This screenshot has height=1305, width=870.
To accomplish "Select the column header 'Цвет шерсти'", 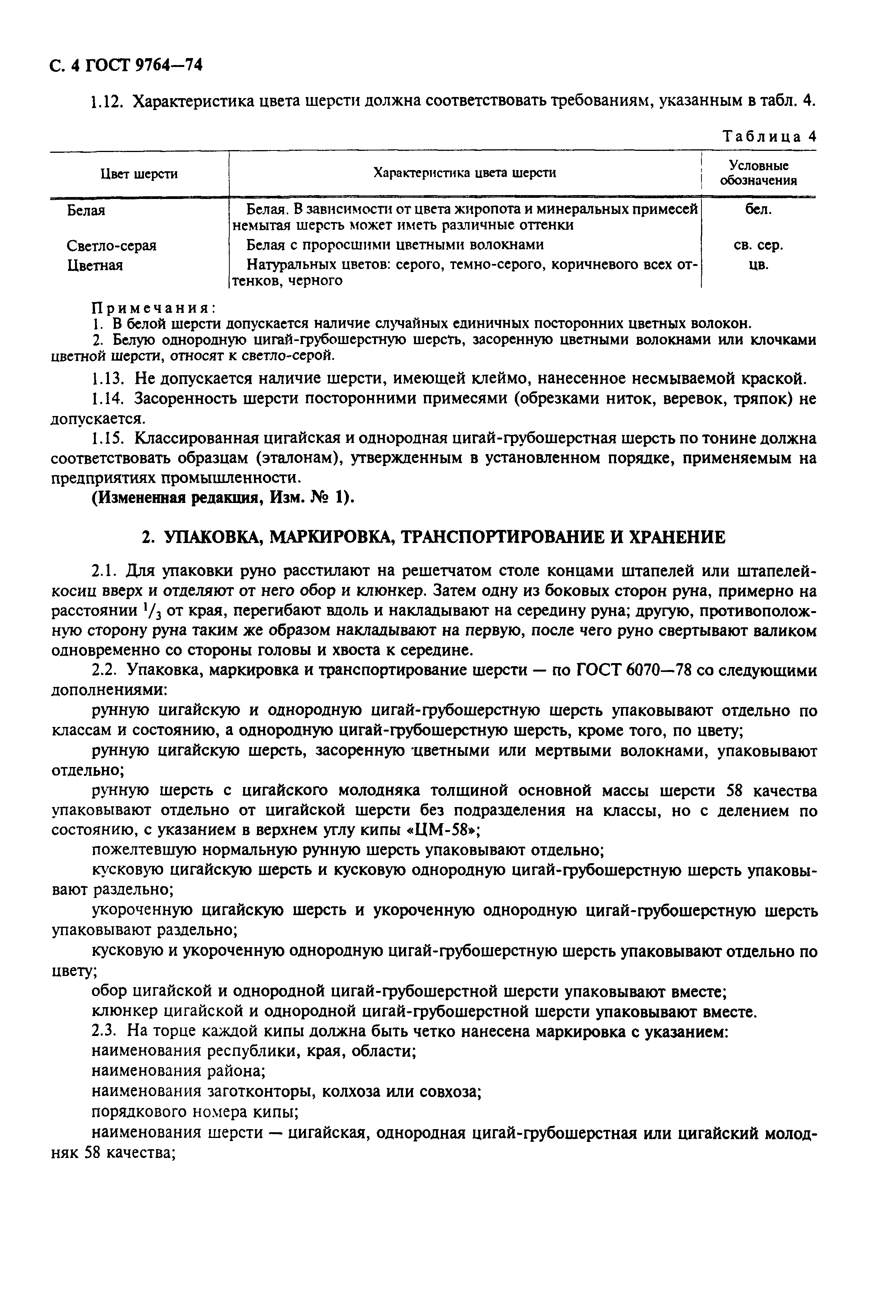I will pos(139,174).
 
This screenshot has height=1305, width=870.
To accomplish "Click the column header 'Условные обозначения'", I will pos(758,173).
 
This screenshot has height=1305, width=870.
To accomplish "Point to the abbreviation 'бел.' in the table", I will pos(758,210).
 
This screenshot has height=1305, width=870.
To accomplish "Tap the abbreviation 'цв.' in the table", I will pos(758,265).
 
